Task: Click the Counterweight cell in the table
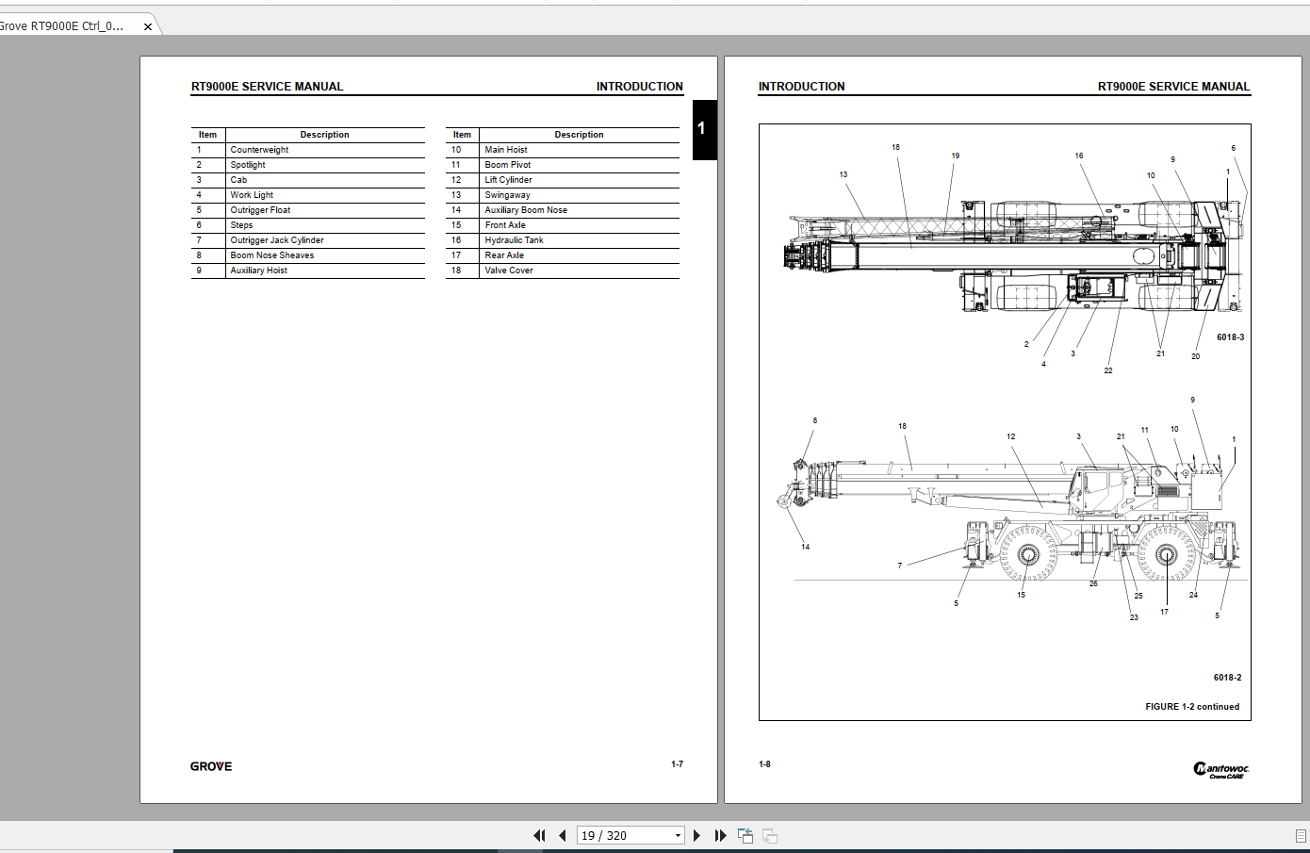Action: pyautogui.click(x=259, y=150)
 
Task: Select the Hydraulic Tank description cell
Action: pyautogui.click(x=514, y=239)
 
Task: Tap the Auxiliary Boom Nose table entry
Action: pyautogui.click(x=526, y=210)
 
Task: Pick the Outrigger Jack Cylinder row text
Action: pyautogui.click(x=277, y=239)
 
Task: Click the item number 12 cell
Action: pyautogui.click(x=456, y=180)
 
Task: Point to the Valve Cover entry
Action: pyautogui.click(x=508, y=271)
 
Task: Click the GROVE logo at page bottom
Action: pyautogui.click(x=211, y=766)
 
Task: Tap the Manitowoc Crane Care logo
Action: pyautogui.click(x=1220, y=770)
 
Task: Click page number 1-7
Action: pyautogui.click(x=677, y=764)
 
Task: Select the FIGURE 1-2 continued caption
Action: pyautogui.click(x=1192, y=707)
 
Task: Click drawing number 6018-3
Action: pyautogui.click(x=1231, y=337)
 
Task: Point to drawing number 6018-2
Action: pyautogui.click(x=1227, y=678)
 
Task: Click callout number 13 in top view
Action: pyautogui.click(x=843, y=174)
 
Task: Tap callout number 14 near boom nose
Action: pyautogui.click(x=805, y=547)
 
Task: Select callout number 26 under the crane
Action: pyautogui.click(x=1093, y=583)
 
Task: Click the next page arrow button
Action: pyautogui.click(x=696, y=835)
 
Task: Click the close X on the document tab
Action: pyautogui.click(x=148, y=27)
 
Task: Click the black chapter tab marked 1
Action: pyautogui.click(x=705, y=130)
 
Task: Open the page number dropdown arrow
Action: pyautogui.click(x=678, y=835)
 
